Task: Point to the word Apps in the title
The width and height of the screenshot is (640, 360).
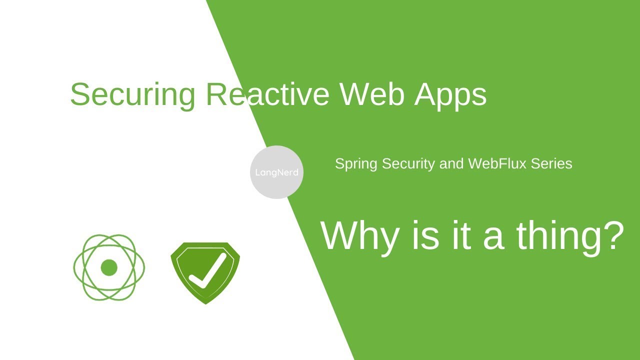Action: (450, 94)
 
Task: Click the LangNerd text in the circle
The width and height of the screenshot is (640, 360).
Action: (276, 172)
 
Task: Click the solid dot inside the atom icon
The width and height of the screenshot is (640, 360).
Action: (109, 267)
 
